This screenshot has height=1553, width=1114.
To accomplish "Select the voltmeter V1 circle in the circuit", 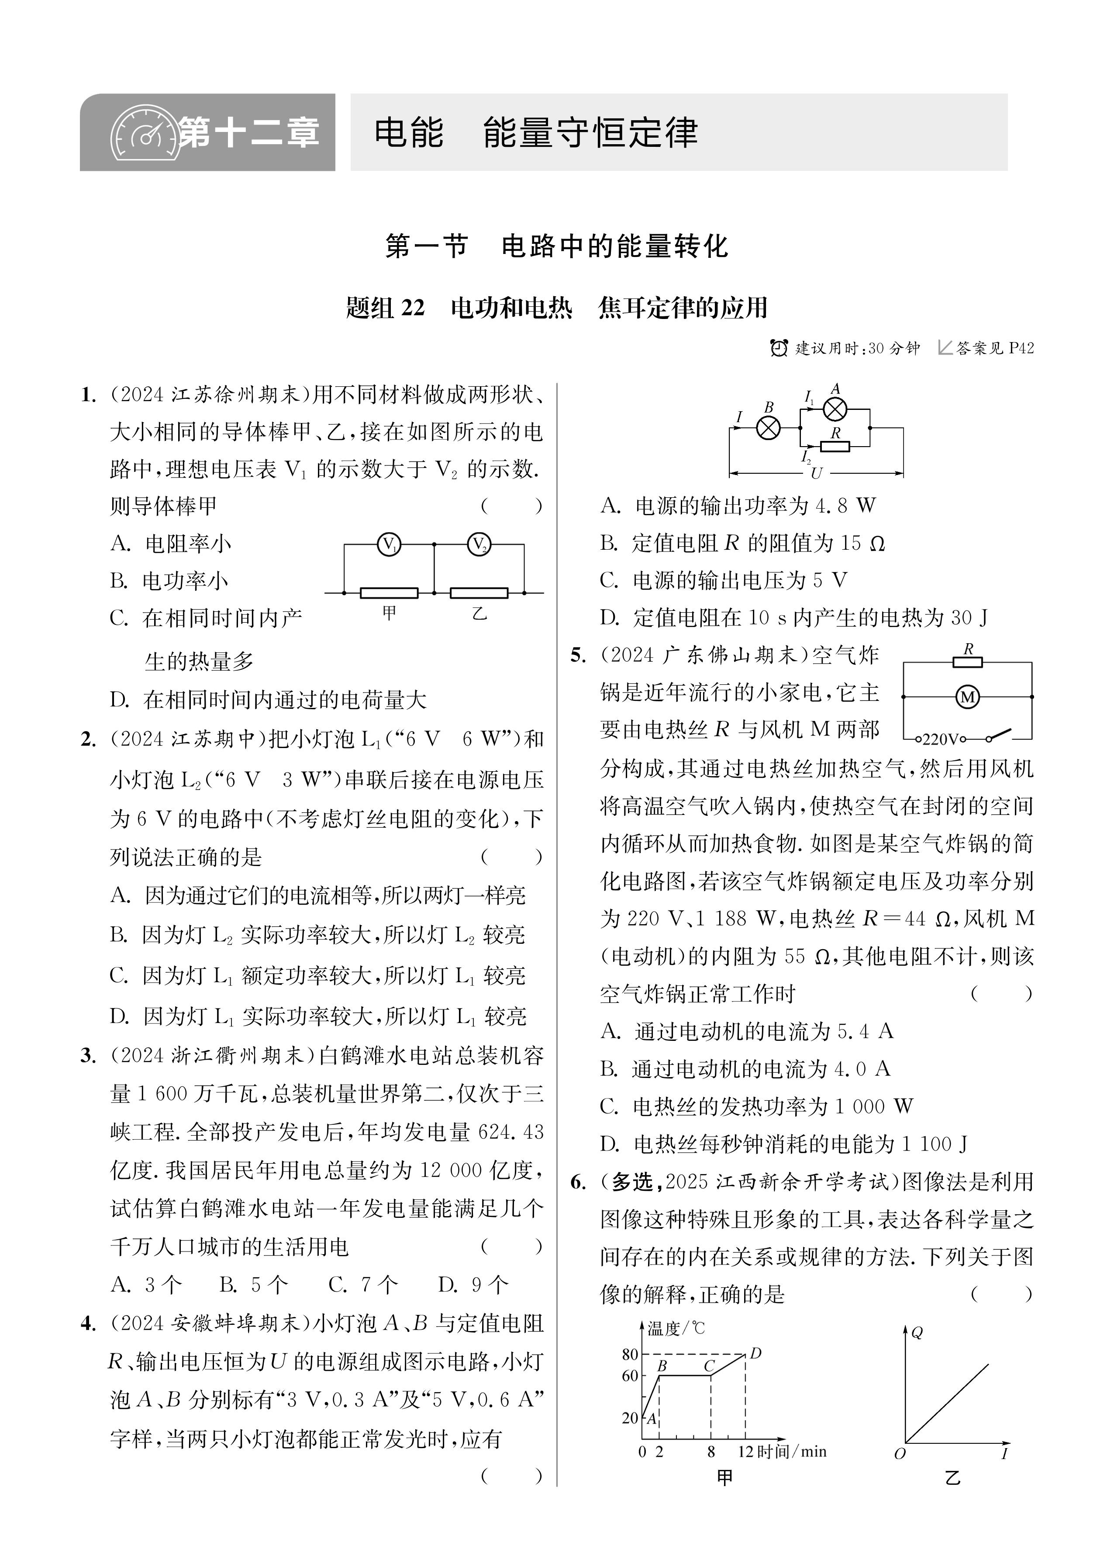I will [x=389, y=545].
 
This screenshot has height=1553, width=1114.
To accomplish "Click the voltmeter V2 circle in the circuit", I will [x=478, y=545].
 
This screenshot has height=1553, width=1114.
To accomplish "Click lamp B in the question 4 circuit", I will [x=768, y=429].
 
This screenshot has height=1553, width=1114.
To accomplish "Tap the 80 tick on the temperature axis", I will [x=630, y=1354].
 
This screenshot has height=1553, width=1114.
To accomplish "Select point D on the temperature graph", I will [x=755, y=1353].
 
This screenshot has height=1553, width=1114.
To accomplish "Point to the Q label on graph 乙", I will [x=917, y=1332].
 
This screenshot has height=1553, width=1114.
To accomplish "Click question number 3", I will [x=88, y=1056].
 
